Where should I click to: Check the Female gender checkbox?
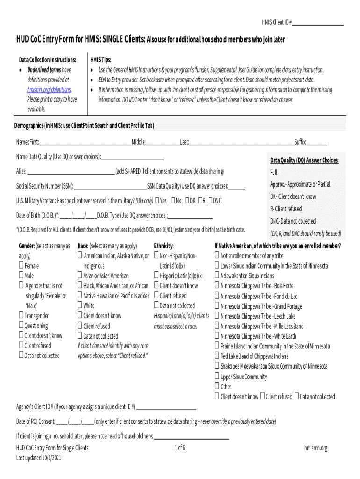(22, 266)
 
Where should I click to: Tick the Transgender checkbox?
(22, 316)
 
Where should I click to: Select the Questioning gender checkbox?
(22, 326)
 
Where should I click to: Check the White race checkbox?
(80, 305)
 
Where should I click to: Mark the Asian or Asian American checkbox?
(80, 276)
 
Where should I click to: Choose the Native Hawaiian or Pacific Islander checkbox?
(80, 296)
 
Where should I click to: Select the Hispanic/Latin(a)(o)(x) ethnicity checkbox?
(157, 276)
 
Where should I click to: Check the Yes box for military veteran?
(157, 201)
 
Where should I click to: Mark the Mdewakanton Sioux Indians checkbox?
(217, 276)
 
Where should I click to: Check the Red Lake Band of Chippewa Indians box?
(217, 356)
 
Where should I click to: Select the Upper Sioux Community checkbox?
(217, 376)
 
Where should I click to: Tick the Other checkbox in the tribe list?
(217, 386)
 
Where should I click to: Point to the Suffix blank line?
(317, 144)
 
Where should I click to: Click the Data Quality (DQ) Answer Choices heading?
(304, 160)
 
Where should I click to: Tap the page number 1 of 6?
(180, 448)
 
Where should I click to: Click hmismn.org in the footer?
(316, 448)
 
